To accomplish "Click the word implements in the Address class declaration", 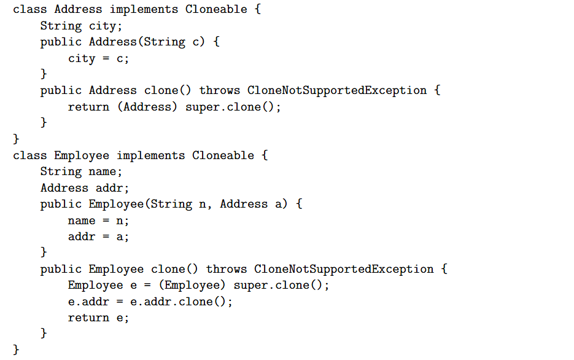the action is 144,10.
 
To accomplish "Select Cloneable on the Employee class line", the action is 223,155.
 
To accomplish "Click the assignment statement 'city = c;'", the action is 98,58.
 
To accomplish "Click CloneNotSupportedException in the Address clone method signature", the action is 337,90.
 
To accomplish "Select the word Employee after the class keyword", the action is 82,155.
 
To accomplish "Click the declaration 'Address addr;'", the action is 85,188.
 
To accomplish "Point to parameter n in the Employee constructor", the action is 203,205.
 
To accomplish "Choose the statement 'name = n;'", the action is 98,221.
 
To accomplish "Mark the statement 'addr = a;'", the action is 98,237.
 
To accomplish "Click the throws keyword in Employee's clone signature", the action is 227,269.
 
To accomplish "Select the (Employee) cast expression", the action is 192,285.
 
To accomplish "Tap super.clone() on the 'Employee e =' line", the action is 278,285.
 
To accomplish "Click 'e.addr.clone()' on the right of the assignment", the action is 178,302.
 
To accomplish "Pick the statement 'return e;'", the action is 98,318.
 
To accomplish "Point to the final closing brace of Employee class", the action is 16,350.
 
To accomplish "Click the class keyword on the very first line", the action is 30,9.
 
